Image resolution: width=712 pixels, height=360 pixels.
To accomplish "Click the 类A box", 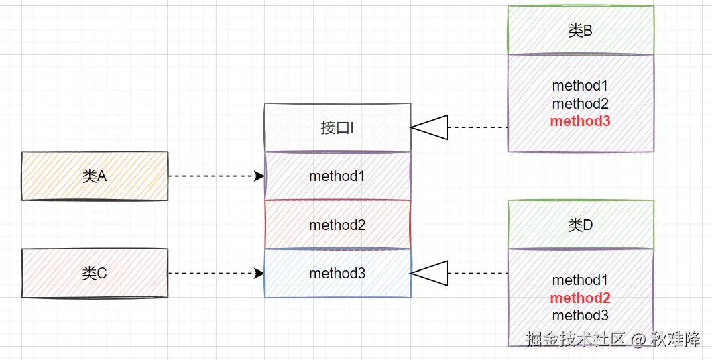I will pyautogui.click(x=95, y=176).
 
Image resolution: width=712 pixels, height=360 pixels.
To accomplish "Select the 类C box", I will pyautogui.click(x=95, y=274).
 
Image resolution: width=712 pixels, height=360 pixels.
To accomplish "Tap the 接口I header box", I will pyautogui.click(x=337, y=127).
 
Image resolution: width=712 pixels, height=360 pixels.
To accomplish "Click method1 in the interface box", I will pyautogui.click(x=337, y=176).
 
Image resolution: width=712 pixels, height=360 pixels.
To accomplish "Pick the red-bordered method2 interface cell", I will pyautogui.click(x=337, y=225).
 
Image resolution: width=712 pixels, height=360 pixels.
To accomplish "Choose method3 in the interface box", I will pyautogui.click(x=337, y=274).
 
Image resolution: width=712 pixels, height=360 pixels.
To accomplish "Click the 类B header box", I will pyautogui.click(x=581, y=31).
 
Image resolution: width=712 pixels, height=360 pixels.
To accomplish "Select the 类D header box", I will pyautogui.click(x=581, y=225).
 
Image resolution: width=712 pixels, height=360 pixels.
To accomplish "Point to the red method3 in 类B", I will pyautogui.click(x=581, y=121).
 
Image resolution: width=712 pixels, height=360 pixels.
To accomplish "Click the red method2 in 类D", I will pyautogui.click(x=581, y=298).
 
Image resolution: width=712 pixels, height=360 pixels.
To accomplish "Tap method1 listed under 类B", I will pyautogui.click(x=581, y=86).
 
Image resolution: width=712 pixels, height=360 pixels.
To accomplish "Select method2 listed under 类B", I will pyautogui.click(x=581, y=104).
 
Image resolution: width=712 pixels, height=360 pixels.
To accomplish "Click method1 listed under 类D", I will pyautogui.click(x=581, y=280).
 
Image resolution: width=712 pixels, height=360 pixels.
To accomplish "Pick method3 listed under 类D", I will pyautogui.click(x=581, y=315).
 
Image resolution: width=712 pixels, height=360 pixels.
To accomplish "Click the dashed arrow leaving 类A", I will pyautogui.click(x=215, y=176).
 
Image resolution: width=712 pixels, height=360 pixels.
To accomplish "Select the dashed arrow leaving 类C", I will pyautogui.click(x=215, y=274).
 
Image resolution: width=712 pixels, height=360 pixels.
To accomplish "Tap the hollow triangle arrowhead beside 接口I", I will pyautogui.click(x=429, y=127).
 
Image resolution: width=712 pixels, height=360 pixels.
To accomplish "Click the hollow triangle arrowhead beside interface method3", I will pyautogui.click(x=429, y=274).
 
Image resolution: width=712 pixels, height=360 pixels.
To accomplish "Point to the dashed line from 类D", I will pyautogui.click(x=477, y=274).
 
